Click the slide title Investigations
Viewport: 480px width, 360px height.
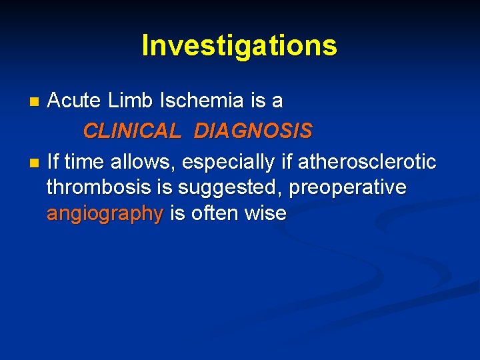[239, 45]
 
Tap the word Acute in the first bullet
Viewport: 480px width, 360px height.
[73, 101]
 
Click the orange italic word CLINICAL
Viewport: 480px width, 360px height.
[131, 131]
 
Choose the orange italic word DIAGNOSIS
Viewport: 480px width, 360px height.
[253, 131]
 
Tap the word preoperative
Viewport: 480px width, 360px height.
[348, 189]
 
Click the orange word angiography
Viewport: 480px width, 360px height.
[105, 215]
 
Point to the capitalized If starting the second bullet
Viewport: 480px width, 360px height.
[53, 161]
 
